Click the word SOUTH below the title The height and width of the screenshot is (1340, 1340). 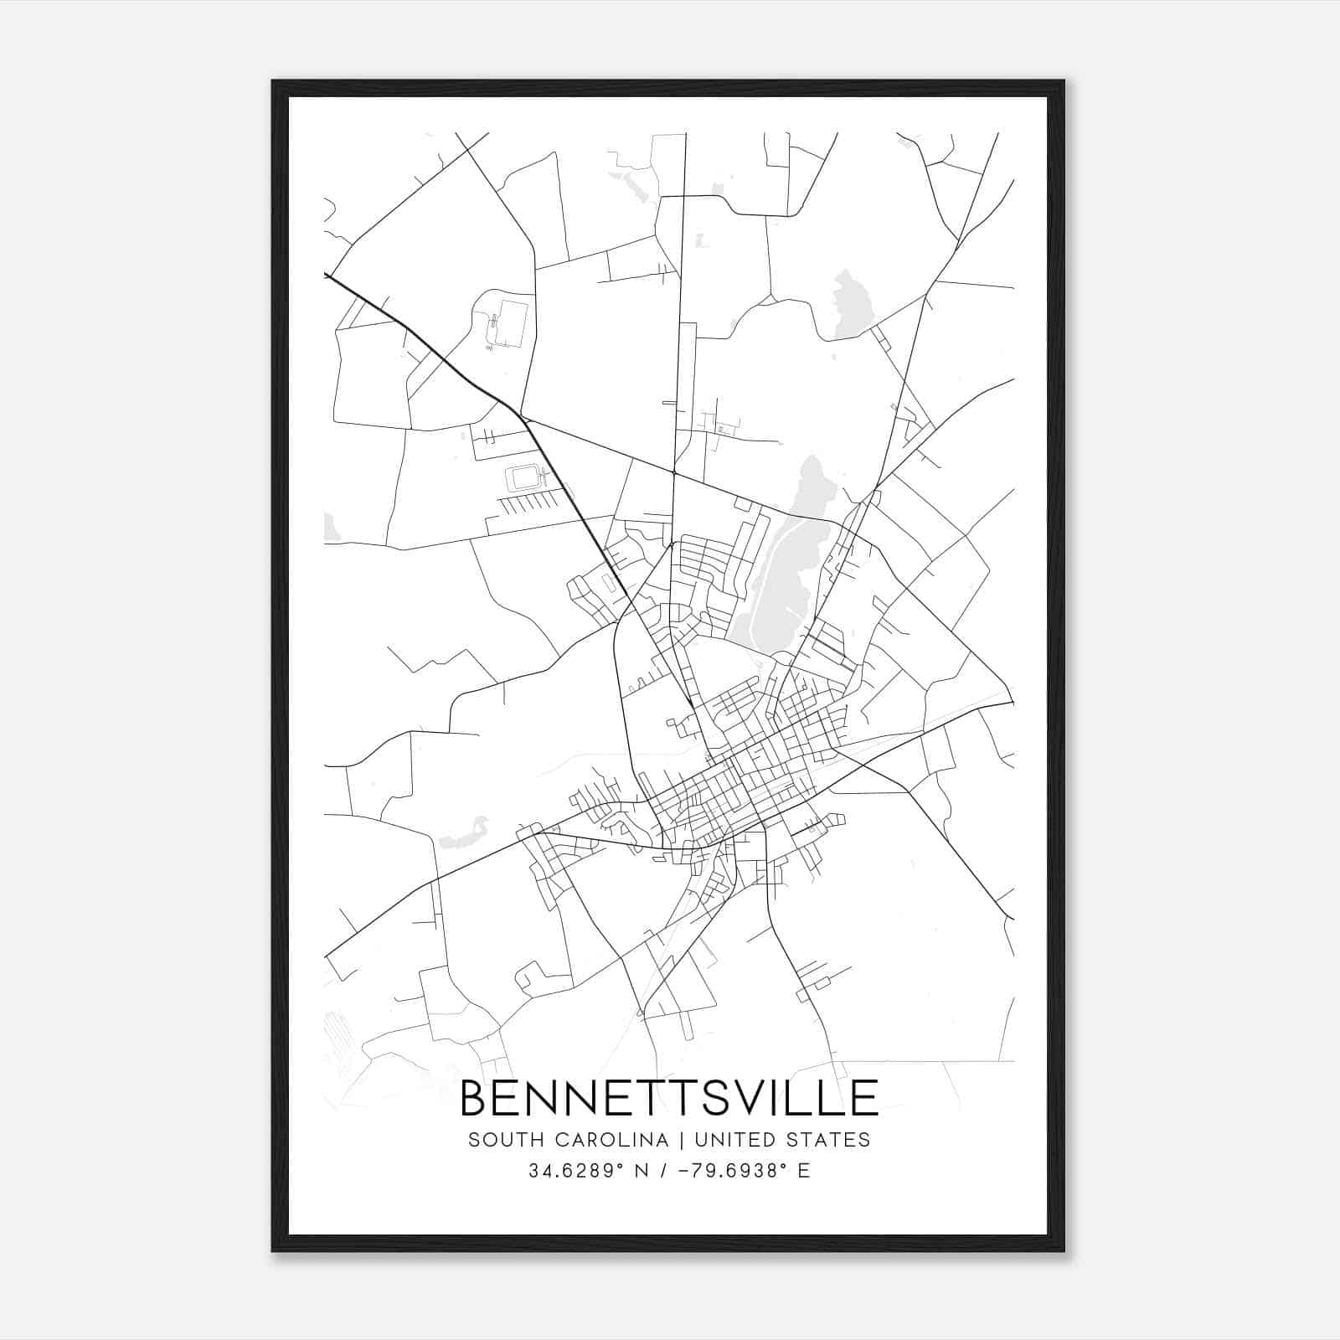click(x=498, y=1140)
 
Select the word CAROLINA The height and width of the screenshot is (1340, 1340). click(x=603, y=1140)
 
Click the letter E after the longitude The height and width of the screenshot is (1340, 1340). click(x=804, y=1171)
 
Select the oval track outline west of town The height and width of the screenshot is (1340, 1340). click(x=526, y=479)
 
